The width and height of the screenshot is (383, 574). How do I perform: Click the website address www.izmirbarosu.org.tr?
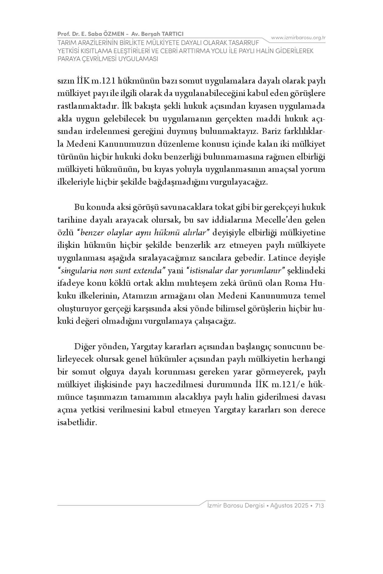coord(298,38)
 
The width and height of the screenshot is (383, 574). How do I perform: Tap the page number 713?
coord(319,506)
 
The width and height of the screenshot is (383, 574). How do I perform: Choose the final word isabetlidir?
coord(77,422)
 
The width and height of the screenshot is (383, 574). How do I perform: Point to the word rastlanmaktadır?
coord(88,106)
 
